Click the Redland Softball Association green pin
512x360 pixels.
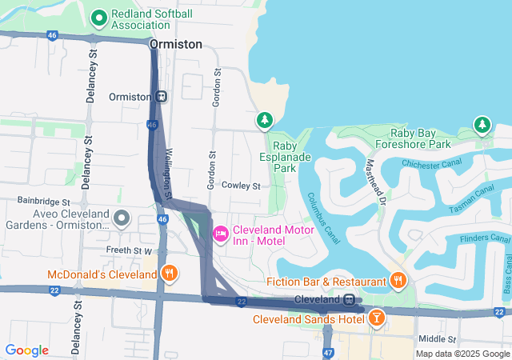[x=99, y=17]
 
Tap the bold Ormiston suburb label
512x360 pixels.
[x=175, y=45]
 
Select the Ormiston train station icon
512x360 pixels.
[x=162, y=97]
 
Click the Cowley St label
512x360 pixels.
[x=241, y=186]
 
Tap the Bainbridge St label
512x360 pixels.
[x=45, y=202]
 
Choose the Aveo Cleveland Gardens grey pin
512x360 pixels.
[x=122, y=218]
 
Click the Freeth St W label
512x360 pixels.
[x=129, y=250]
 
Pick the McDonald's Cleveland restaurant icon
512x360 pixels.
[x=169, y=274]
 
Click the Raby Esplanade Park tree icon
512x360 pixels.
[x=264, y=121]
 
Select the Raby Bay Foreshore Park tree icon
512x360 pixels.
[x=481, y=125]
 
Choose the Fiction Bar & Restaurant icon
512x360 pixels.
[x=398, y=279]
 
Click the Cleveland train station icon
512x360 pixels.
[x=350, y=300]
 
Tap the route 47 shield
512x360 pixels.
[x=328, y=352]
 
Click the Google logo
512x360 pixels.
[x=26, y=350]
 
